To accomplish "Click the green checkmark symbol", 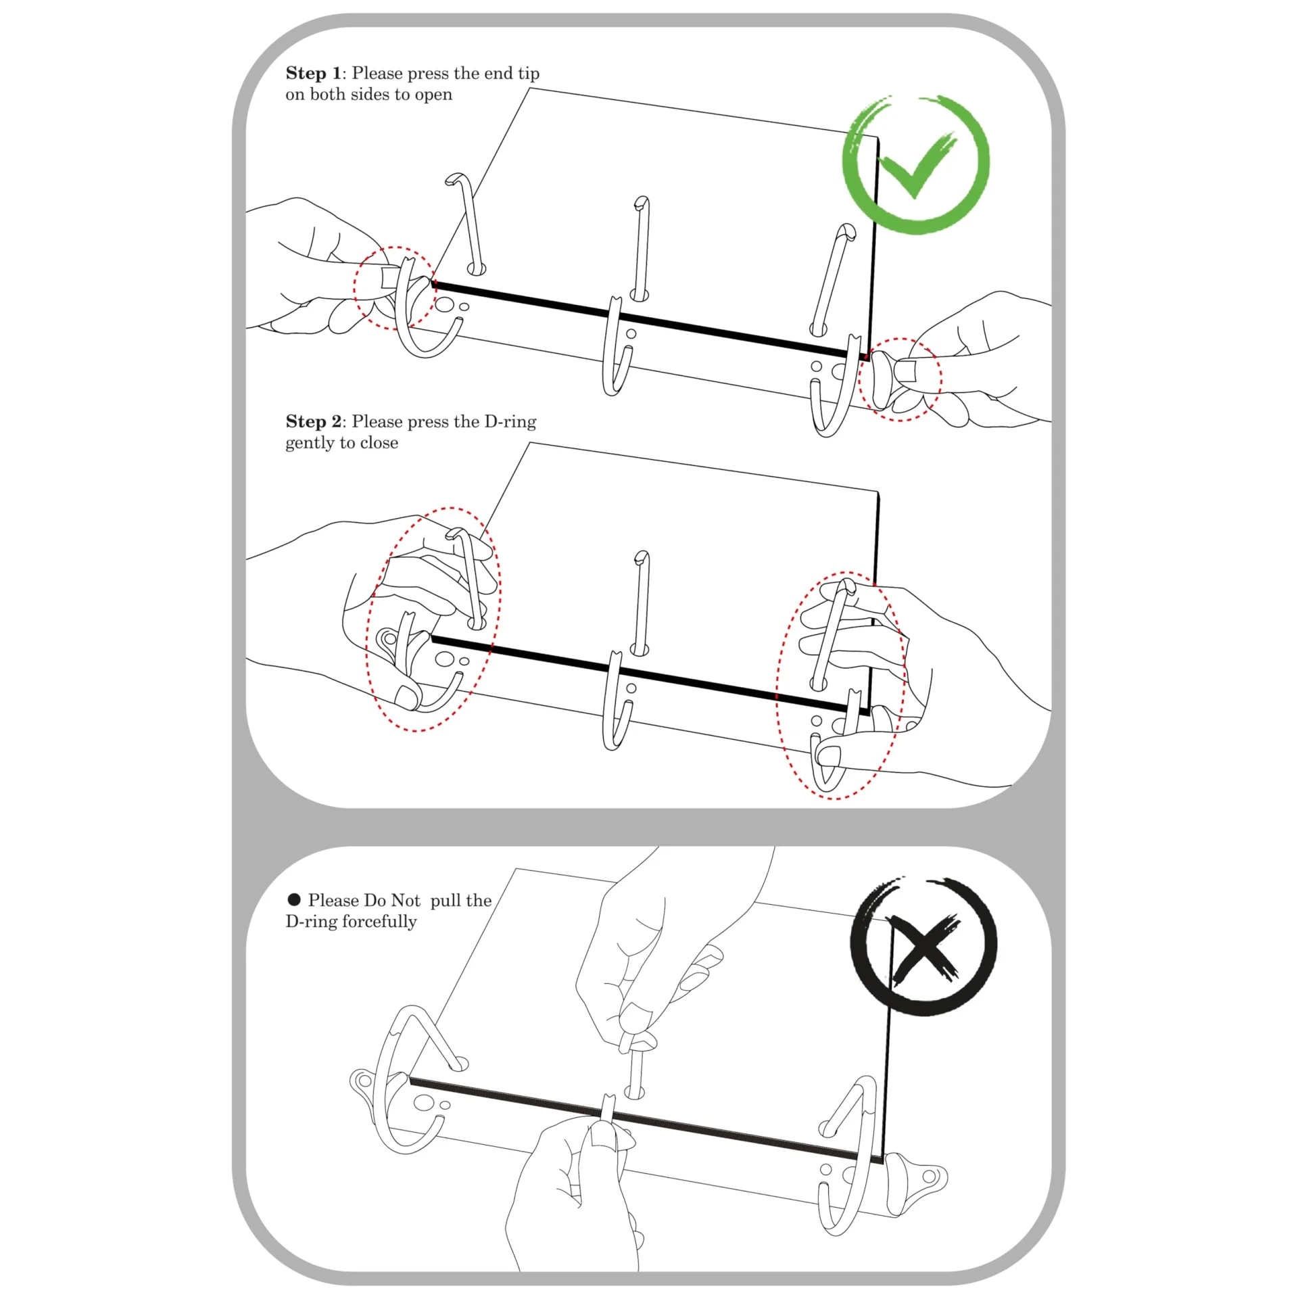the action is [915, 164].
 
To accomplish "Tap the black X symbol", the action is [923, 947].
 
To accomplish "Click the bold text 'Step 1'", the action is [314, 73].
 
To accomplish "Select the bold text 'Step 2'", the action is [314, 421].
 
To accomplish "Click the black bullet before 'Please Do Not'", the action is [294, 899].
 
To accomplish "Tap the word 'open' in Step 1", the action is [433, 95].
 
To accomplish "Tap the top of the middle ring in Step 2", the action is [641, 558].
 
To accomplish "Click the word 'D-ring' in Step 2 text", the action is [510, 421].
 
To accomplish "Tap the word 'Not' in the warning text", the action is [406, 900].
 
